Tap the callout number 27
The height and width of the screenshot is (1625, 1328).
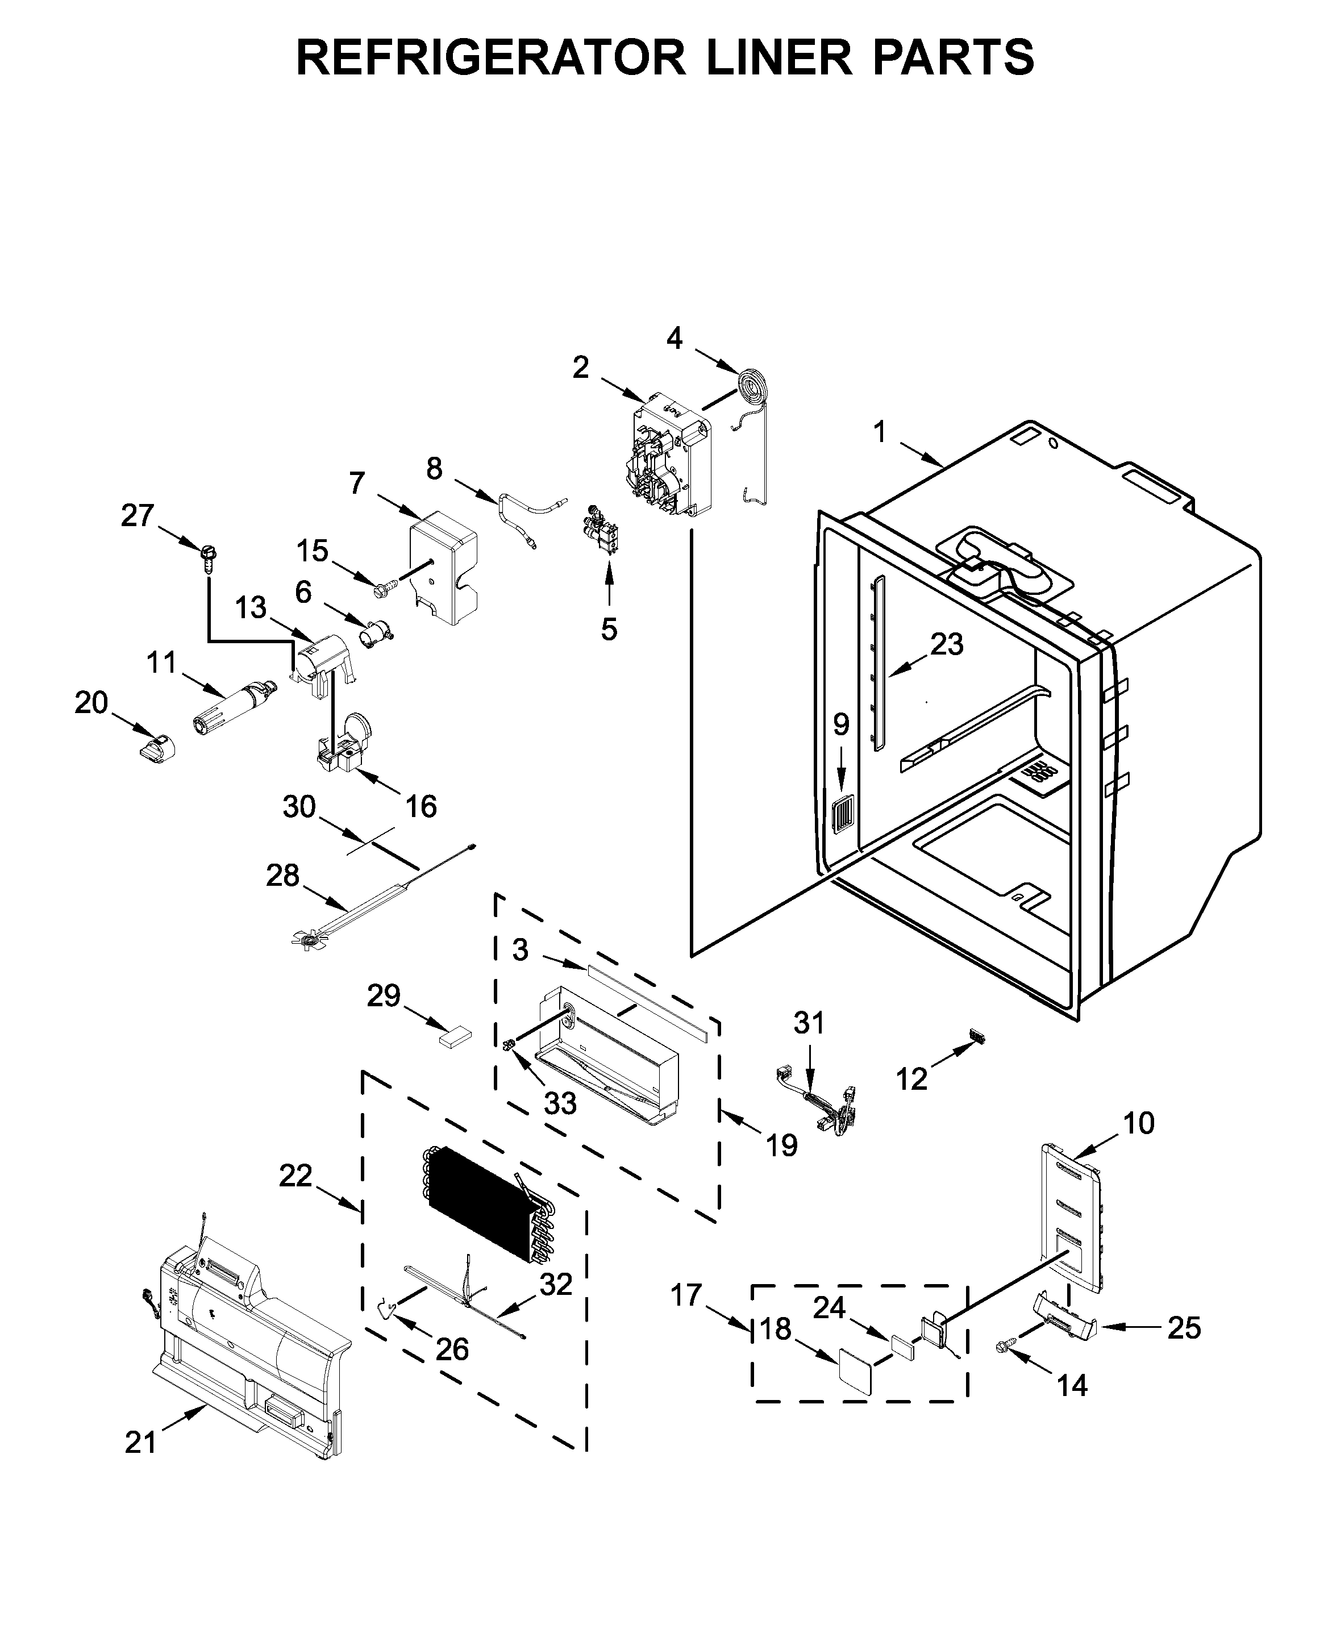138,516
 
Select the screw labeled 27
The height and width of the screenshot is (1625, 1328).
208,558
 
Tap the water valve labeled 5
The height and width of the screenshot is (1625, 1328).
602,528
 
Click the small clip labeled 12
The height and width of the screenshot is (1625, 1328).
977,1036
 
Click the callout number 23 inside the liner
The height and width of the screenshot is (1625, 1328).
946,645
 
